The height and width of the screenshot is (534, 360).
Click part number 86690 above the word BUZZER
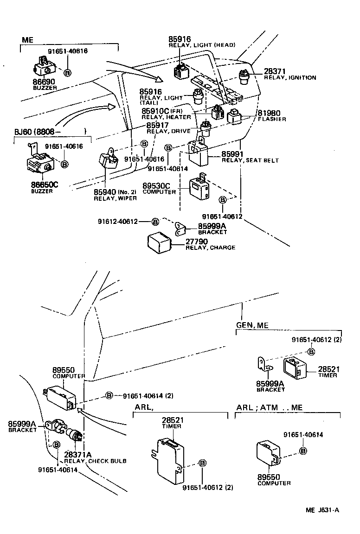point(45,81)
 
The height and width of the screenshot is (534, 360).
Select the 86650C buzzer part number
point(45,184)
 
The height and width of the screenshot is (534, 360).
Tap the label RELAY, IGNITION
point(289,78)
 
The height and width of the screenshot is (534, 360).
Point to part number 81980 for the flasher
point(269,113)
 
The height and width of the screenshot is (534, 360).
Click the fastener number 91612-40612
point(117,221)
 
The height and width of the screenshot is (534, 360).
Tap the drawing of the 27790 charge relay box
point(161,242)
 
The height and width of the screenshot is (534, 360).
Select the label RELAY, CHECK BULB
point(95,461)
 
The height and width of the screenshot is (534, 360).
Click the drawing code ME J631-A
point(322,510)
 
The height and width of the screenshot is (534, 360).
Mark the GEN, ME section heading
point(252,325)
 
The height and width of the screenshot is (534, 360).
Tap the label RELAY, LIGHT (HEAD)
point(202,45)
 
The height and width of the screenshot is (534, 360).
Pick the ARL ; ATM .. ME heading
point(269,407)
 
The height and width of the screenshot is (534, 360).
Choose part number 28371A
point(78,454)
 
